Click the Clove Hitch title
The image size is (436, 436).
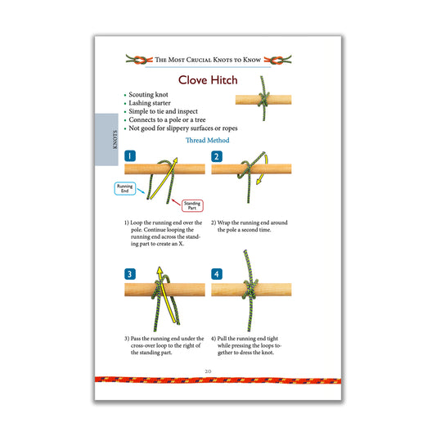point(208,80)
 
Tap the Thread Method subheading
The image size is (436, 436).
point(208,141)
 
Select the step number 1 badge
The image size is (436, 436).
point(131,155)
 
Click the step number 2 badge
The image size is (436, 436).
point(217,155)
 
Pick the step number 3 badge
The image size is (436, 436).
point(131,273)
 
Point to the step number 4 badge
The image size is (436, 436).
point(217,273)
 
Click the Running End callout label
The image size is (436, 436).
point(124,188)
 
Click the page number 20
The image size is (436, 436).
point(208,371)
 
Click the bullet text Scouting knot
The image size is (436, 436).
point(151,96)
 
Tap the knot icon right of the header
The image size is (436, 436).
point(283,60)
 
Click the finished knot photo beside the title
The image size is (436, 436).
point(263,99)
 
